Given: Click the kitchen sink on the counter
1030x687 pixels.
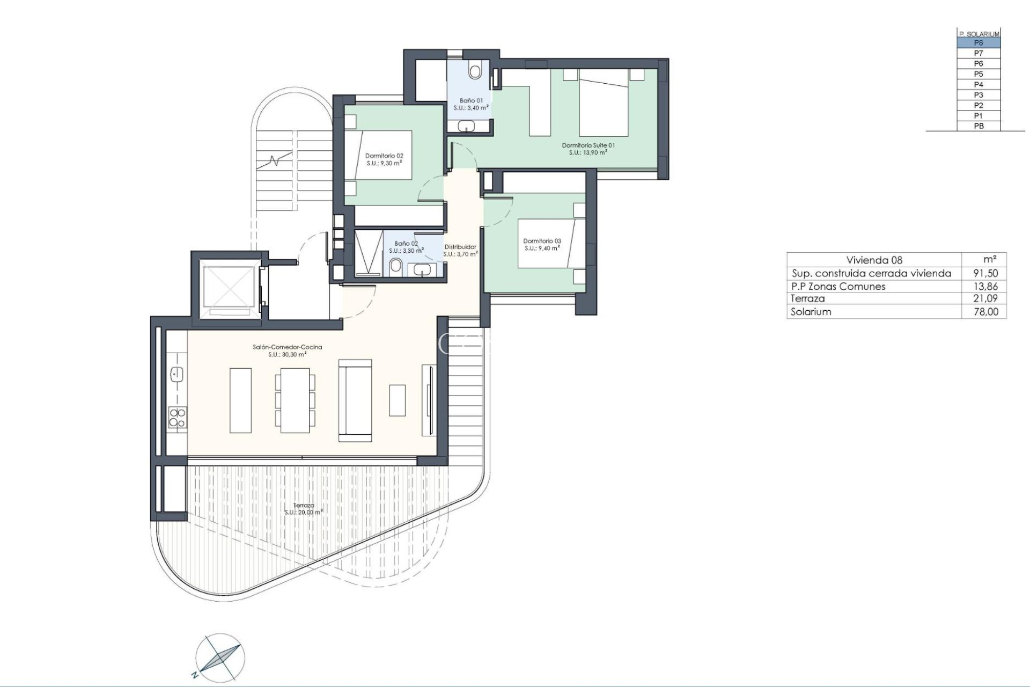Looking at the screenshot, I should pyautogui.click(x=176, y=374).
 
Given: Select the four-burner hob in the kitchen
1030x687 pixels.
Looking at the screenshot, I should pyautogui.click(x=177, y=418).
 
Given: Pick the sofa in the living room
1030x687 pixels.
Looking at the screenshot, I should pyautogui.click(x=355, y=400).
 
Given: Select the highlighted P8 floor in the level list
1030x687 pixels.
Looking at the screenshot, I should pyautogui.click(x=979, y=43).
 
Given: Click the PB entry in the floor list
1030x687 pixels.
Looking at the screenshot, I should pyautogui.click(x=979, y=126).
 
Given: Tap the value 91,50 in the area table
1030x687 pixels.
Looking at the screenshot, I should pyautogui.click(x=985, y=273).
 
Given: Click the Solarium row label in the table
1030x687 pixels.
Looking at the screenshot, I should pyautogui.click(x=811, y=312).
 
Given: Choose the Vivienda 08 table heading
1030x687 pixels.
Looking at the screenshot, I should pyautogui.click(x=874, y=260).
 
